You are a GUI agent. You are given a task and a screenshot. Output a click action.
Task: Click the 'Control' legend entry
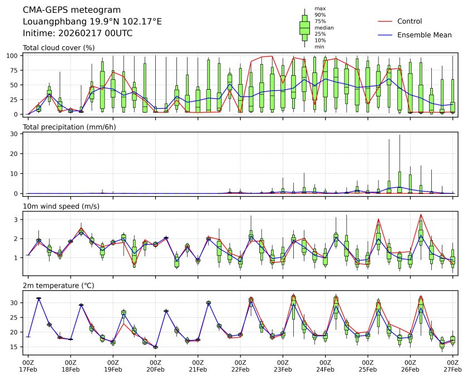pos(410,21)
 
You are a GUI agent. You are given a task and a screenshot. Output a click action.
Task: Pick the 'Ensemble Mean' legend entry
pos(424,35)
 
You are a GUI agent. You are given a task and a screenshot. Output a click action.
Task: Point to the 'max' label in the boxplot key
pos(319,8)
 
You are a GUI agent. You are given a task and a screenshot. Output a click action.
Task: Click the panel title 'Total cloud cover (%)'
pos(58,48)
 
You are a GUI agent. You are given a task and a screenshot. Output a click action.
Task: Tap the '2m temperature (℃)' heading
pos(58,285)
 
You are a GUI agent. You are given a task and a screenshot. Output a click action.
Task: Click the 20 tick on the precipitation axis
pos(17,153)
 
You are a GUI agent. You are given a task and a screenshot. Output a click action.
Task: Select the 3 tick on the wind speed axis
pos(18,220)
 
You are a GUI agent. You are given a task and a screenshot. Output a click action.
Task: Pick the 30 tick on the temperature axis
pos(17,303)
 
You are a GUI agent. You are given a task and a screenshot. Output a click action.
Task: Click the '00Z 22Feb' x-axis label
pos(240,366)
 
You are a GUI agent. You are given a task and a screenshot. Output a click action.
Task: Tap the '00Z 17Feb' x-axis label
pos(28,366)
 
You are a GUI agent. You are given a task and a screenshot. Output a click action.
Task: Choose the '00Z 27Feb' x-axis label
pos(452,366)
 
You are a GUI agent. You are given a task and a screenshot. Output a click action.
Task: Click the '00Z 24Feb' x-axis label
pos(325,366)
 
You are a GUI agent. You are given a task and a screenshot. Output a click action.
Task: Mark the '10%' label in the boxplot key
pos(320,40)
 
